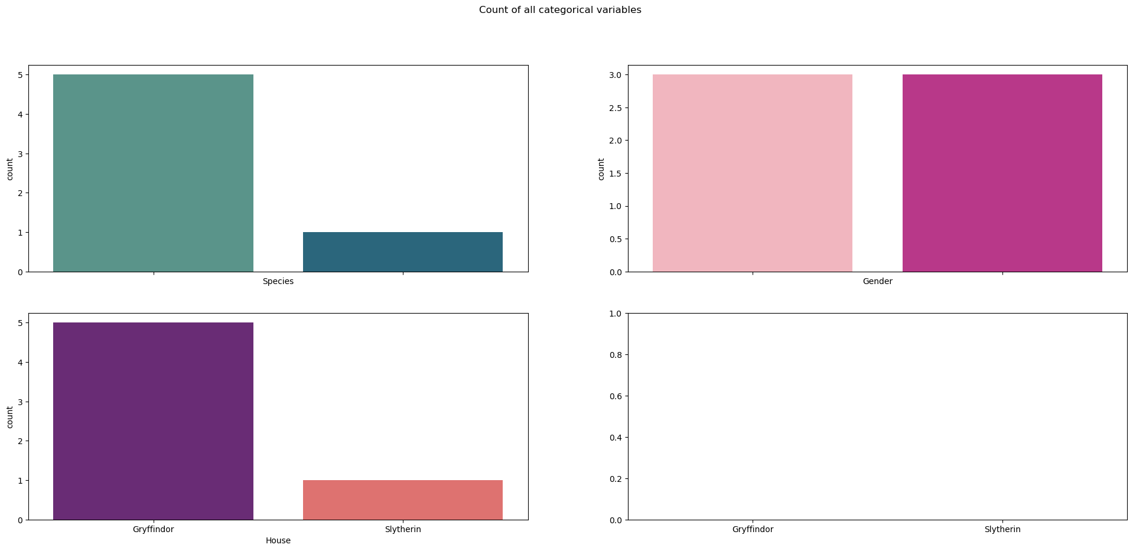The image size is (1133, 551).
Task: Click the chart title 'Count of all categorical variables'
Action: point(559,10)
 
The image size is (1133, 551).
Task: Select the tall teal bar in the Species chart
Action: point(153,173)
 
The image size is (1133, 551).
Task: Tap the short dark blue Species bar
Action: point(402,252)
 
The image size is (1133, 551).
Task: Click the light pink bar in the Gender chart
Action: point(752,173)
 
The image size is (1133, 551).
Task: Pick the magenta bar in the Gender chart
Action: point(1002,173)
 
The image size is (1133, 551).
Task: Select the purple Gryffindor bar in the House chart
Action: point(153,421)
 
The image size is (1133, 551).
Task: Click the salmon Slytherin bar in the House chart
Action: point(402,500)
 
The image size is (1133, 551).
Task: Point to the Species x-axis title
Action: point(278,282)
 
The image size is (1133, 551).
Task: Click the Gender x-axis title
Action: point(877,282)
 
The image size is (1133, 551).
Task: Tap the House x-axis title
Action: point(278,540)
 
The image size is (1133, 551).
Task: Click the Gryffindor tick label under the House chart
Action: point(153,530)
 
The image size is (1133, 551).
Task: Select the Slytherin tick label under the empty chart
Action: point(1002,530)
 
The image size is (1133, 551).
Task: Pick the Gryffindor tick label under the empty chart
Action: point(752,530)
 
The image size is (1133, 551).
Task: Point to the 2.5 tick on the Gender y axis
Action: point(615,108)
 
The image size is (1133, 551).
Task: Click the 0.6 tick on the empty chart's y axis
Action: point(615,396)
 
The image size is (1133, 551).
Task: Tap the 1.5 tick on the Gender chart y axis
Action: point(615,174)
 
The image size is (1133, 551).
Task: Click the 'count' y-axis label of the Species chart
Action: point(10,169)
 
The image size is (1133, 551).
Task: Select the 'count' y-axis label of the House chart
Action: point(10,417)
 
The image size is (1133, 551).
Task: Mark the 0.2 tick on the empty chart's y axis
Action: point(615,479)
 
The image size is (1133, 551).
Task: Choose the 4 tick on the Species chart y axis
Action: point(20,115)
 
